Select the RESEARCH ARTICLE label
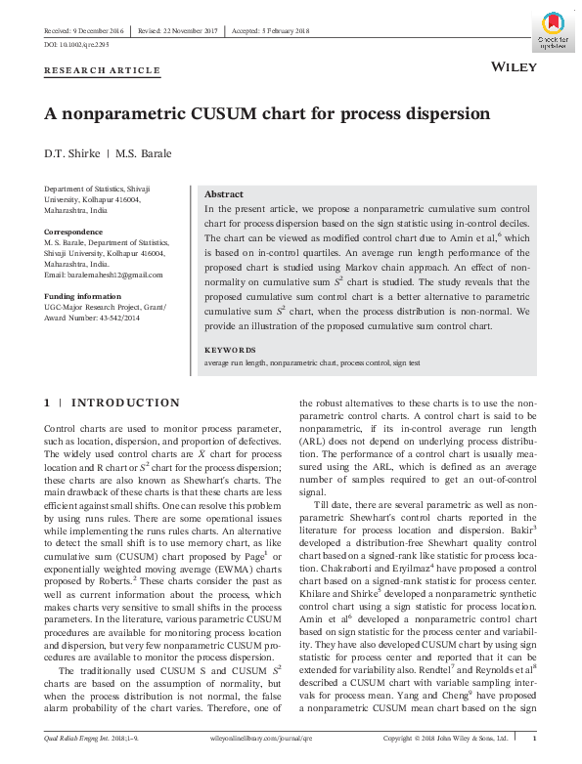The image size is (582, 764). (102, 70)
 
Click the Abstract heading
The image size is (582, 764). (223, 194)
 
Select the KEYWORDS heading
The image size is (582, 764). (230, 349)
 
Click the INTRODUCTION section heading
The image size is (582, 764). (125, 403)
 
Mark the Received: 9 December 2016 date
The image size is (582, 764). (83, 31)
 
